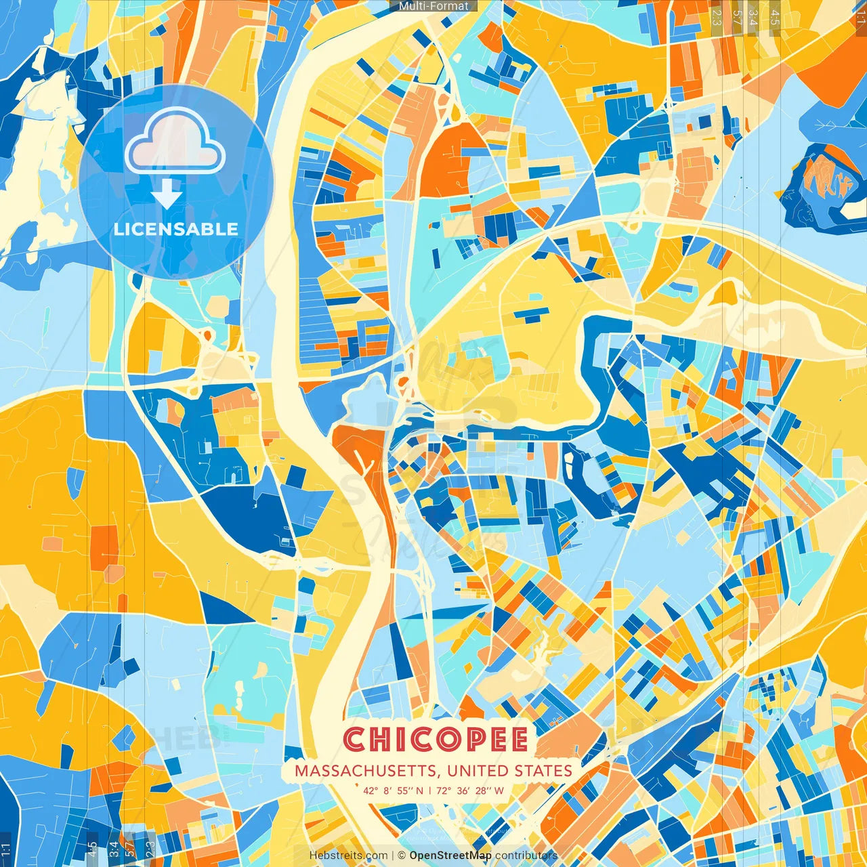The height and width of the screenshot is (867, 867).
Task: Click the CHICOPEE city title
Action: (x=436, y=740)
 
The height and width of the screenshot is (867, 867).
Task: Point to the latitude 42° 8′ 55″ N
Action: (x=393, y=790)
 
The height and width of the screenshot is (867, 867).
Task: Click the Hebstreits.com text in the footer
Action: (x=348, y=855)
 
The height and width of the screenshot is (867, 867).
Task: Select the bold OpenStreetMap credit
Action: (x=450, y=855)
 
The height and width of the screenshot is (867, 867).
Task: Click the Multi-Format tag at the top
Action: (x=433, y=6)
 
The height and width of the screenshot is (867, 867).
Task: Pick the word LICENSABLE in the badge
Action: (x=176, y=229)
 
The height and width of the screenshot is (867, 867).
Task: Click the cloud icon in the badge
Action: (x=175, y=141)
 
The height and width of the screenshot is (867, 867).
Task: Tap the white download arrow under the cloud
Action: (x=167, y=194)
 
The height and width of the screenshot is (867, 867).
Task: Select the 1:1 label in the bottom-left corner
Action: (x=6, y=849)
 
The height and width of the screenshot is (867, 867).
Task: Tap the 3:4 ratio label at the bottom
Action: (x=112, y=849)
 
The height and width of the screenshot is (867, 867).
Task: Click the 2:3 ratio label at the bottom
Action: (x=150, y=849)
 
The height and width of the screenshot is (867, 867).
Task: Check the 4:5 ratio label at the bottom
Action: (x=92, y=849)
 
